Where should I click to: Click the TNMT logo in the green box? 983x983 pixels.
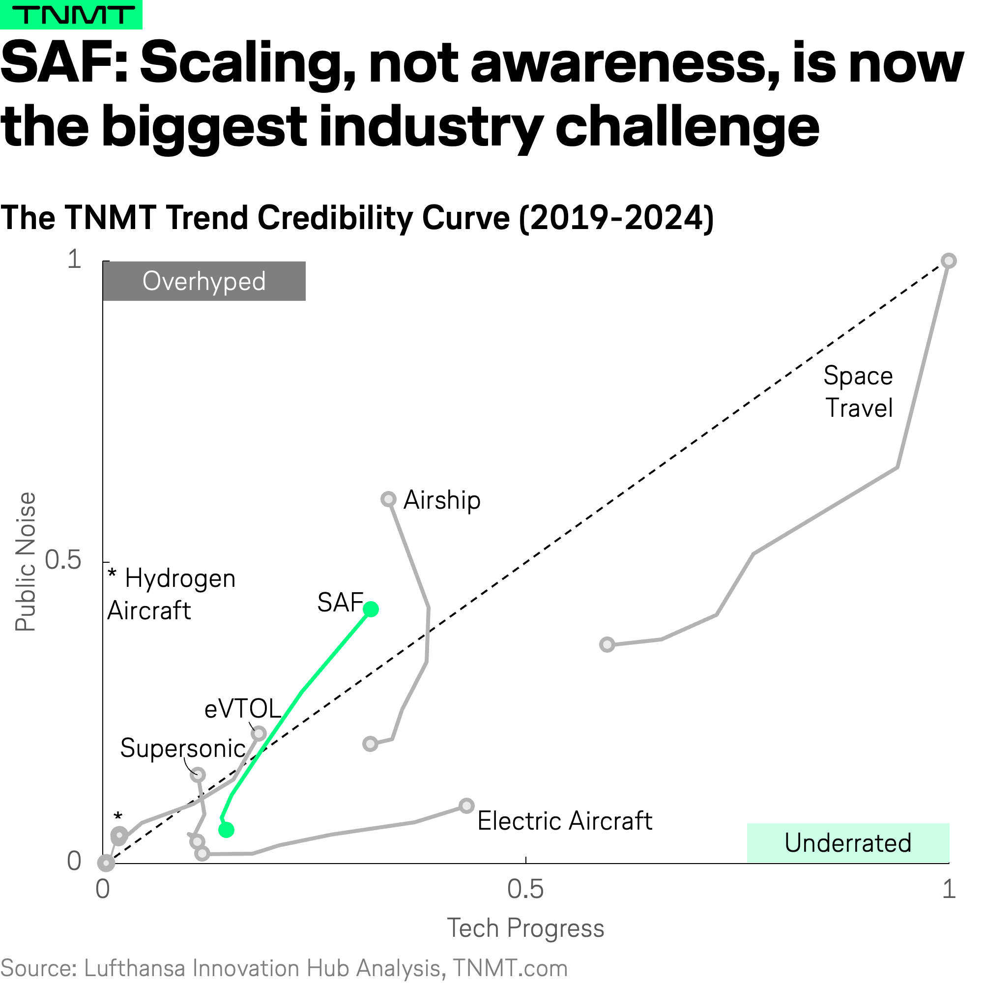(71, 15)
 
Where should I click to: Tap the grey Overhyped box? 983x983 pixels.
(204, 281)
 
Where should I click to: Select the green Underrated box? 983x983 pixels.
(848, 843)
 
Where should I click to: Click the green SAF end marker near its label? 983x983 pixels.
(371, 609)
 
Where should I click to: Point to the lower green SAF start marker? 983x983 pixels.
(227, 830)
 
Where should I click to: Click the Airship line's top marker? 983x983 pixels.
(389, 499)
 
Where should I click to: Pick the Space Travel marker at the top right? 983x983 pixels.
(949, 261)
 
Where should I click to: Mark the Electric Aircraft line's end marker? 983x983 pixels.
(466, 806)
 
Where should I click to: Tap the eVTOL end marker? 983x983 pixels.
(259, 733)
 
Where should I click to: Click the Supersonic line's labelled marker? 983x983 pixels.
(198, 775)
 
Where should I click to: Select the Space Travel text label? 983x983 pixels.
(858, 392)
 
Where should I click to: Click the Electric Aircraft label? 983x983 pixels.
(565, 821)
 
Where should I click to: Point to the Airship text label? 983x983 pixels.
(442, 500)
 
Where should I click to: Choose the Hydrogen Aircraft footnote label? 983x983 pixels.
(172, 594)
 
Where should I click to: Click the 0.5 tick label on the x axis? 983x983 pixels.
(525, 889)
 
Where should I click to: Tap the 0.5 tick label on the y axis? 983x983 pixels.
(63, 560)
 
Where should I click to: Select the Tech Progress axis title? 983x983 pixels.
(525, 928)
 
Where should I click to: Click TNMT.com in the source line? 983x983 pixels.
(510, 968)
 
